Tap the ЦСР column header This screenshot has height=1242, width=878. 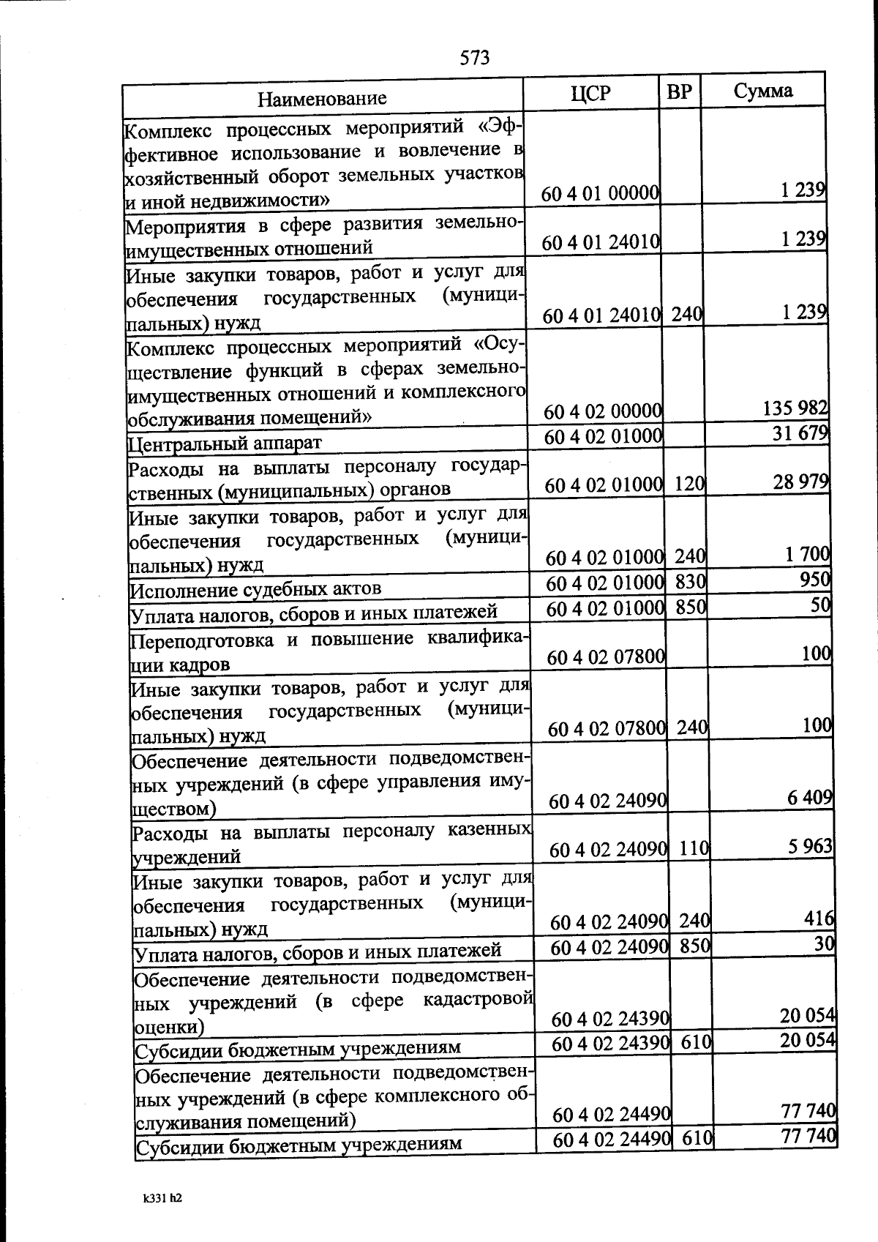(590, 93)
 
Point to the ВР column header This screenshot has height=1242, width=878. (680, 91)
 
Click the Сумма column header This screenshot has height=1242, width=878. (763, 90)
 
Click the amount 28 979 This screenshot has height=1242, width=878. (801, 482)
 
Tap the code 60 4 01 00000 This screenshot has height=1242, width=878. (601, 194)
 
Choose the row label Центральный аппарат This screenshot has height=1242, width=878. (225, 443)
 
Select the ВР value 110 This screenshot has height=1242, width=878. (694, 848)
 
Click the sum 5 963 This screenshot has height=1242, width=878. (810, 847)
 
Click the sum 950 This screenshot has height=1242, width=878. (815, 580)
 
